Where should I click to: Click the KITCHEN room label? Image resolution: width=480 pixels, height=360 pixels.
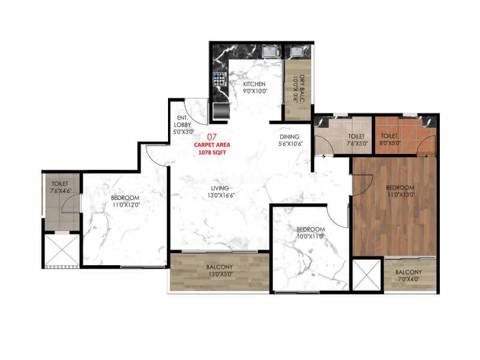[x=255, y=88]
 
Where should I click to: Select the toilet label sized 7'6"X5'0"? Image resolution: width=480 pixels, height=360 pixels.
[x=356, y=140]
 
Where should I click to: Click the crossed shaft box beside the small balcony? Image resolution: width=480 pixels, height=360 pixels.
[x=367, y=274]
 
